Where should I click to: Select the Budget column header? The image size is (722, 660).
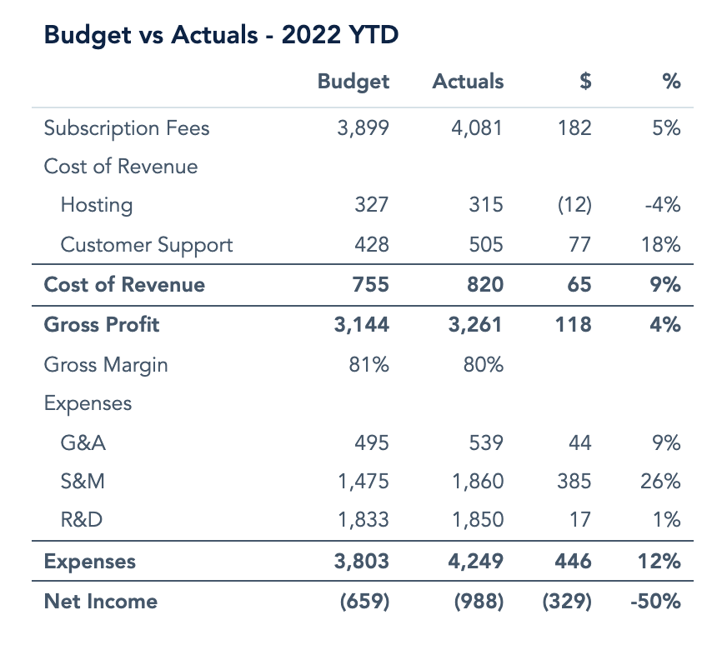click(353, 82)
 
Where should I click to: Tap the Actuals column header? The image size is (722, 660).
click(468, 82)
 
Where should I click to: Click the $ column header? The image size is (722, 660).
click(586, 82)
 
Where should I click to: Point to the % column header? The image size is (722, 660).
click(671, 82)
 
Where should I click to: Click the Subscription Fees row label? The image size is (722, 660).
click(127, 128)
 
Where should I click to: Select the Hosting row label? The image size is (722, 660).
click(97, 205)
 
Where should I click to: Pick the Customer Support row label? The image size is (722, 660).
click(147, 245)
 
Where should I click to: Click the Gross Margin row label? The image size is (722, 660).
click(106, 364)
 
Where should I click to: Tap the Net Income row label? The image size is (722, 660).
click(101, 601)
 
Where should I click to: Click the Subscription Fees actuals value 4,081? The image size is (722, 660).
click(478, 128)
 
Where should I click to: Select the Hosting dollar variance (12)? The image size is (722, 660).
click(574, 205)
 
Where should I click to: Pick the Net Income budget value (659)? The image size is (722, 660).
click(364, 601)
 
